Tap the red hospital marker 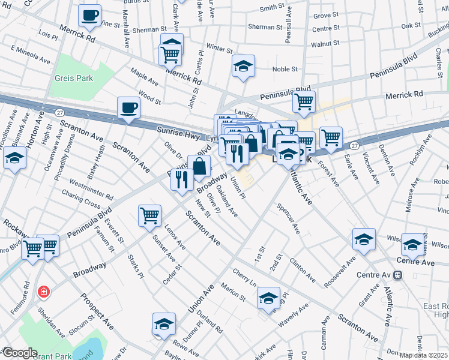click(x=43, y=292)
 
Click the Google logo click(x=20, y=353)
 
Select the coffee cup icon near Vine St click(x=90, y=16)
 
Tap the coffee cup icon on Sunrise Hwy click(x=129, y=109)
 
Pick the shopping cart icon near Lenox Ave click(x=149, y=215)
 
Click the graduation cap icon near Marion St click(x=268, y=298)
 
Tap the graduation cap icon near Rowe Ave click(x=164, y=324)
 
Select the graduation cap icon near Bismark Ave click(x=14, y=159)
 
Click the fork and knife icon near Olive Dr click(x=181, y=179)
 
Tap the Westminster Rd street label click(x=91, y=191)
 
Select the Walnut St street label click(x=325, y=44)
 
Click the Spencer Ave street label click(x=288, y=220)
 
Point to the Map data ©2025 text click(x=423, y=355)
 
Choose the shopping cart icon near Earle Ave click(x=331, y=137)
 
